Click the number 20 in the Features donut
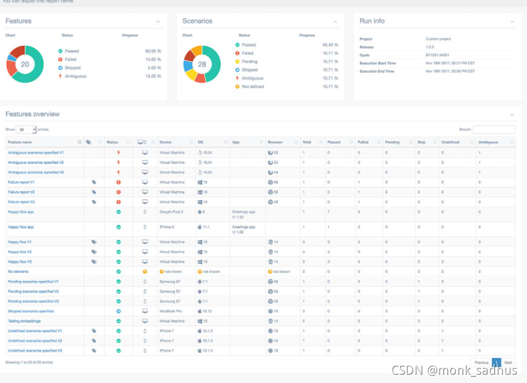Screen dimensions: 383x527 pyautogui.click(x=25, y=64)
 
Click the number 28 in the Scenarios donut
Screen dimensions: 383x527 pyautogui.click(x=201, y=64)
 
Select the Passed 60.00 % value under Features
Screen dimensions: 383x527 pyautogui.click(x=153, y=50)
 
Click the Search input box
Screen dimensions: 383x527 pyautogui.click(x=494, y=129)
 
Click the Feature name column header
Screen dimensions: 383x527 pyautogui.click(x=20, y=142)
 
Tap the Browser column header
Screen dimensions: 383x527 pyautogui.click(x=275, y=142)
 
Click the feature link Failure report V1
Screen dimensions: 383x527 pyautogui.click(x=21, y=182)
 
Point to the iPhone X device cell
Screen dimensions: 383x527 pyautogui.click(x=166, y=227)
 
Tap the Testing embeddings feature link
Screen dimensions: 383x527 pyautogui.click(x=25, y=321)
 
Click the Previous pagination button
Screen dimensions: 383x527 pyautogui.click(x=481, y=362)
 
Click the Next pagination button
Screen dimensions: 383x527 pyautogui.click(x=508, y=362)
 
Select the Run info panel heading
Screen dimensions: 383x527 pyautogui.click(x=372, y=21)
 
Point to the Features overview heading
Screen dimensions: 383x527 pyautogui.click(x=32, y=114)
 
